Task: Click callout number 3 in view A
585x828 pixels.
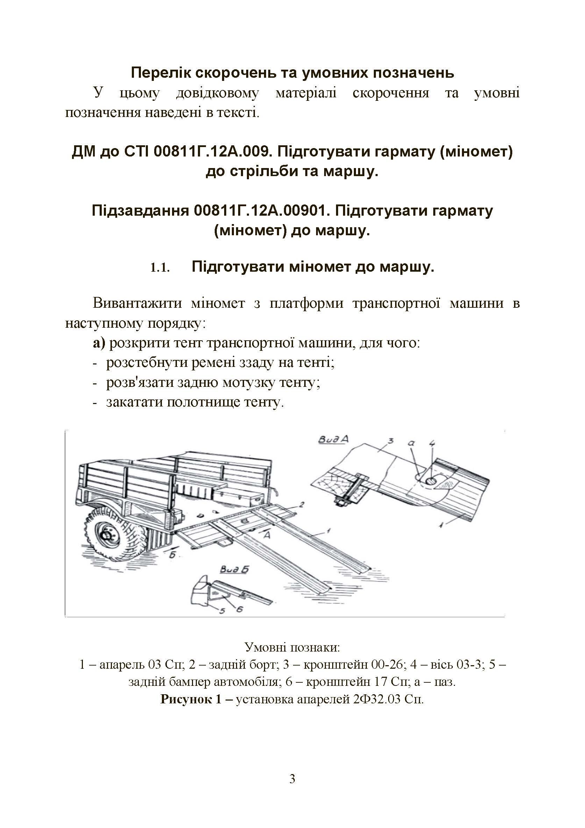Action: coord(391,441)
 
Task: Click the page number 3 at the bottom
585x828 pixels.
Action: coord(292,779)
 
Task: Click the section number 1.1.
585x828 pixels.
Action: coord(159,268)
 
